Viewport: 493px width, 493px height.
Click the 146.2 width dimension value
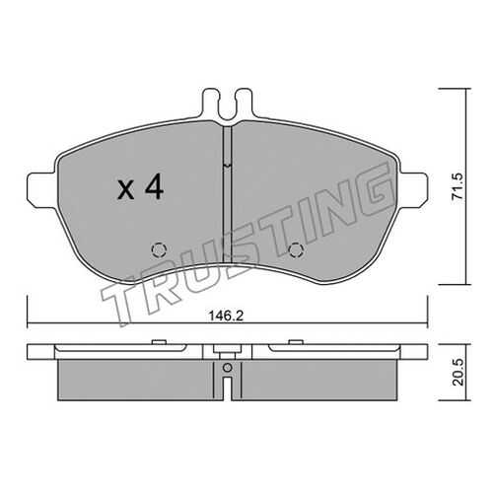226,317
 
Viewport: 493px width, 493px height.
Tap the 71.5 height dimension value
458,185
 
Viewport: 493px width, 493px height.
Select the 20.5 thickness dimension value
458,372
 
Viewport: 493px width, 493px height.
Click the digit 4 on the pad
155,186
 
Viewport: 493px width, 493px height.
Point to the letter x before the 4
126,191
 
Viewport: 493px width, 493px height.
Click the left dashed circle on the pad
159,250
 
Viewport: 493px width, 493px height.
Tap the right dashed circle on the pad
296,250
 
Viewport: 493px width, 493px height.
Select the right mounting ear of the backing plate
413,190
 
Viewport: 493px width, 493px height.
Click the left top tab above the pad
209,102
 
